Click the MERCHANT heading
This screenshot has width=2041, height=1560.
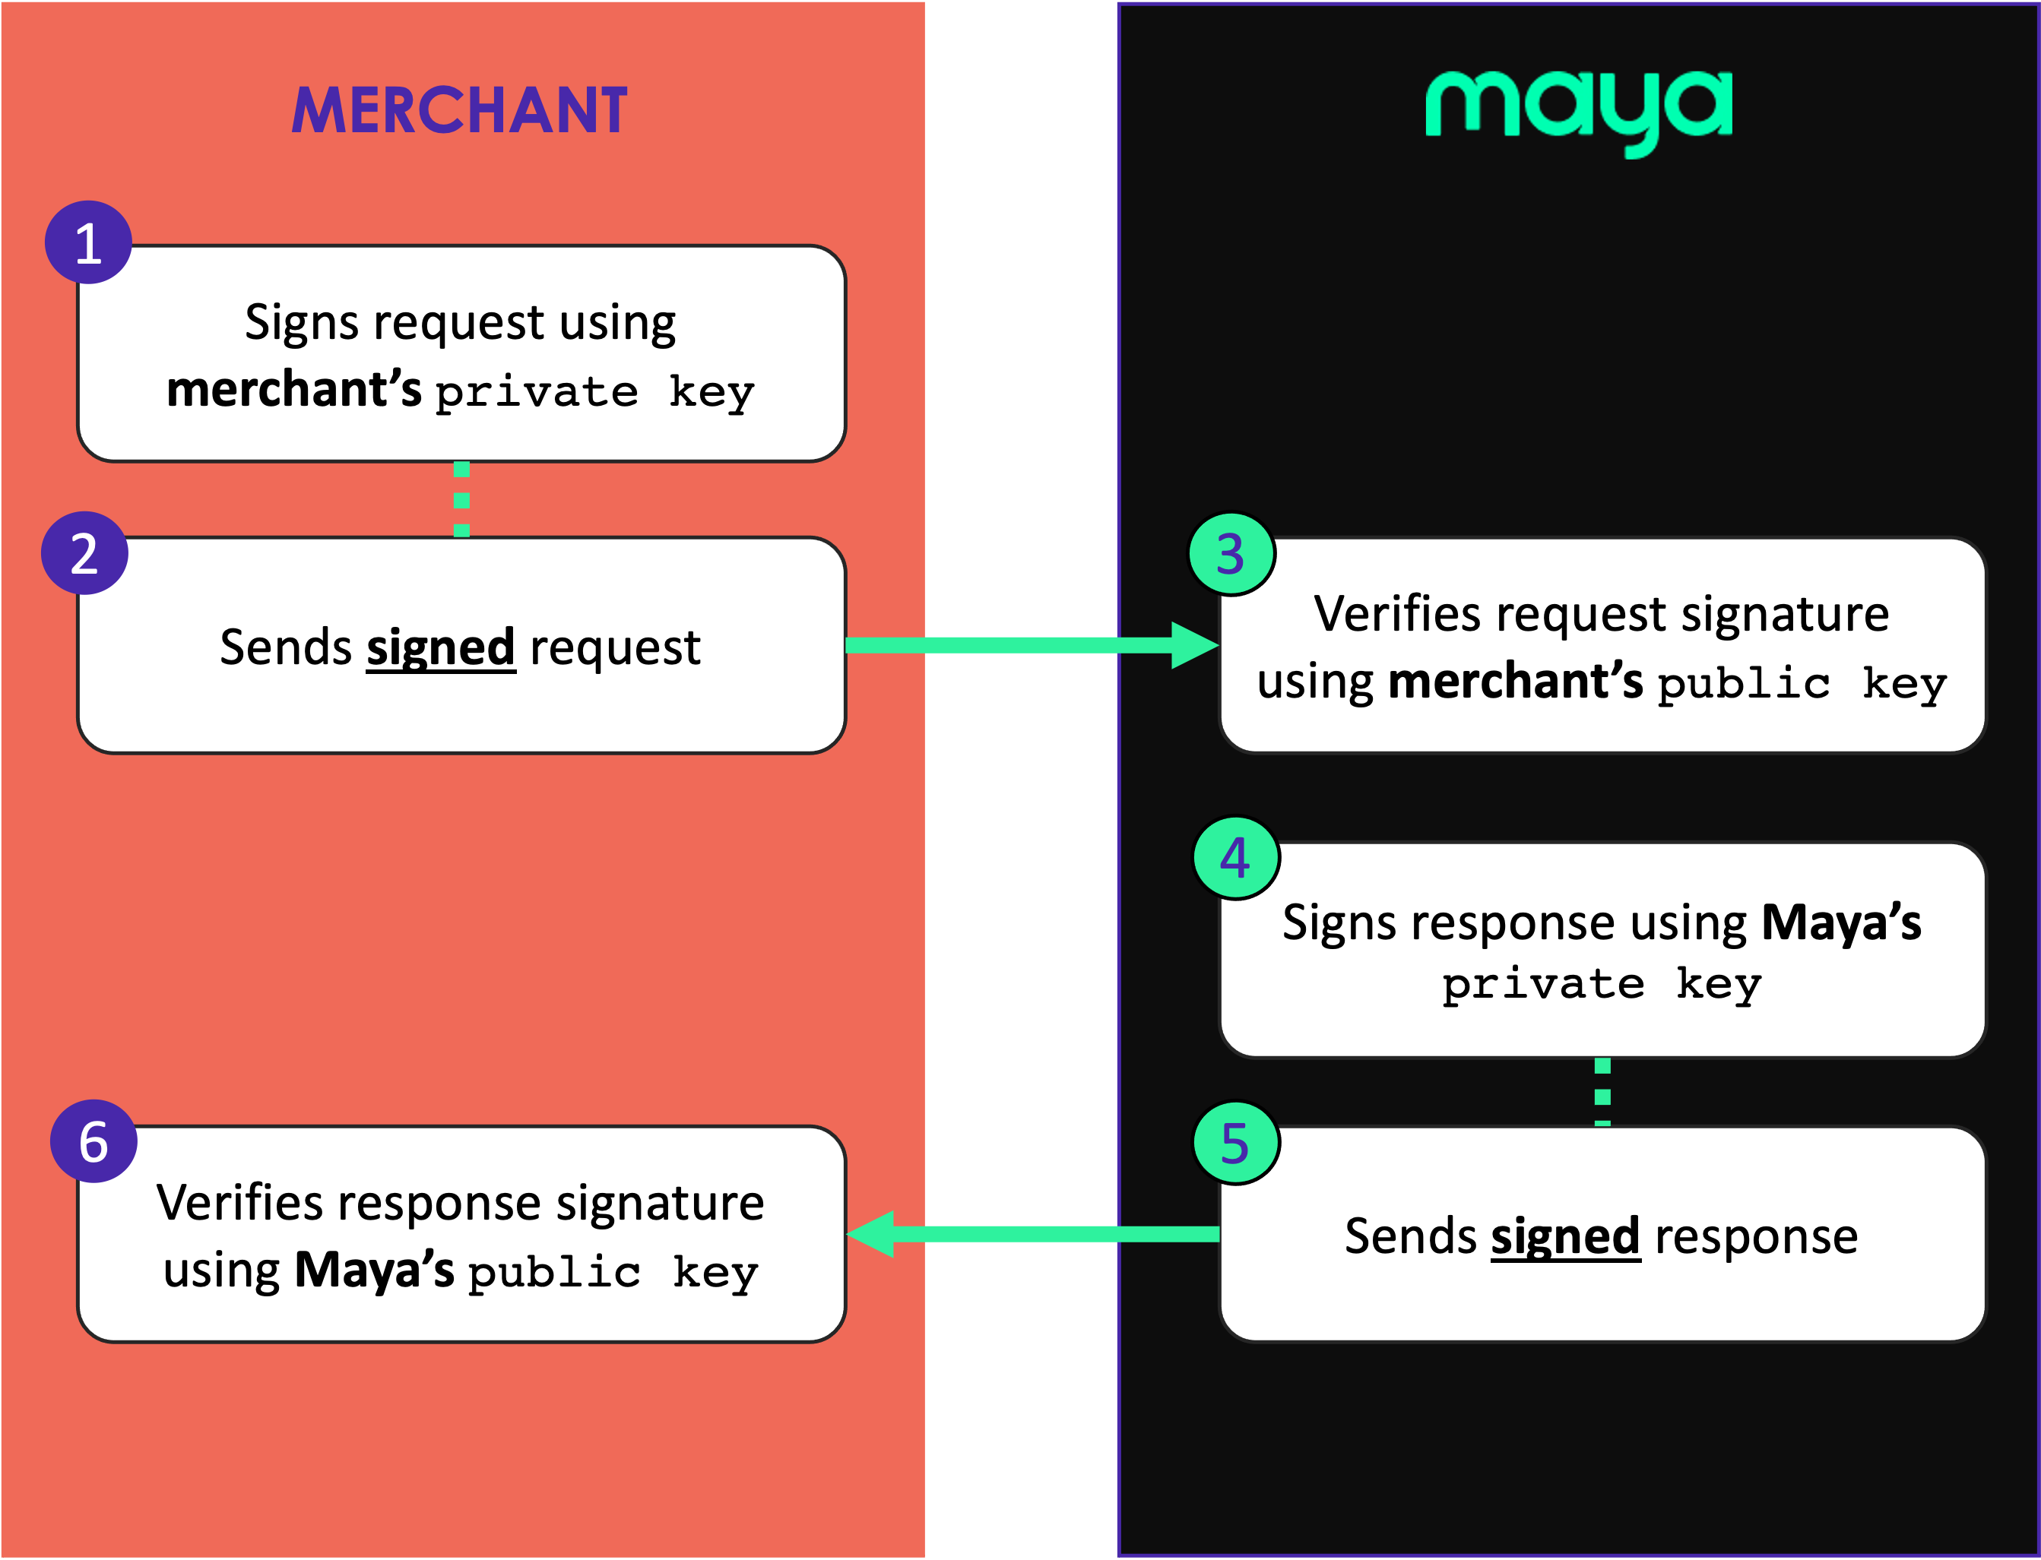coord(459,110)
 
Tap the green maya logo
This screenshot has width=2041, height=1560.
coord(1578,109)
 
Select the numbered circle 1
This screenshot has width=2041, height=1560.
coord(88,242)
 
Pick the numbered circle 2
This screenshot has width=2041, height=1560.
coord(84,553)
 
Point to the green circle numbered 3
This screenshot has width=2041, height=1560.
coord(1231,555)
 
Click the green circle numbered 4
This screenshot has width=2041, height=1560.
coord(1234,858)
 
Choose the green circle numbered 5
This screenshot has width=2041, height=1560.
coord(1234,1143)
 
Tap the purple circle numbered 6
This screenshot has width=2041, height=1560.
coord(93,1141)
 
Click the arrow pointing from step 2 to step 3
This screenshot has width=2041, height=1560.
coord(1032,645)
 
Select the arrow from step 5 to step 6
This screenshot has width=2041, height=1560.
coord(1032,1234)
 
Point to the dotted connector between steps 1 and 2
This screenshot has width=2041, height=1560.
coord(461,499)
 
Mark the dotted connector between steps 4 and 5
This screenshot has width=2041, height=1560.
coord(1602,1092)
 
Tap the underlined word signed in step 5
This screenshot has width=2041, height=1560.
coord(1565,1237)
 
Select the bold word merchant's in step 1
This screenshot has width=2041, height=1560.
coord(293,389)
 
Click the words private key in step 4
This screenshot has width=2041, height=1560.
coord(1602,984)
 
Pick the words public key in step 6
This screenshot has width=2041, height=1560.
coord(613,1272)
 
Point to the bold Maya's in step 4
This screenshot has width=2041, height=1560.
coord(1841,923)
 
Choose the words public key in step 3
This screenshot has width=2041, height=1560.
coord(1802,685)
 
